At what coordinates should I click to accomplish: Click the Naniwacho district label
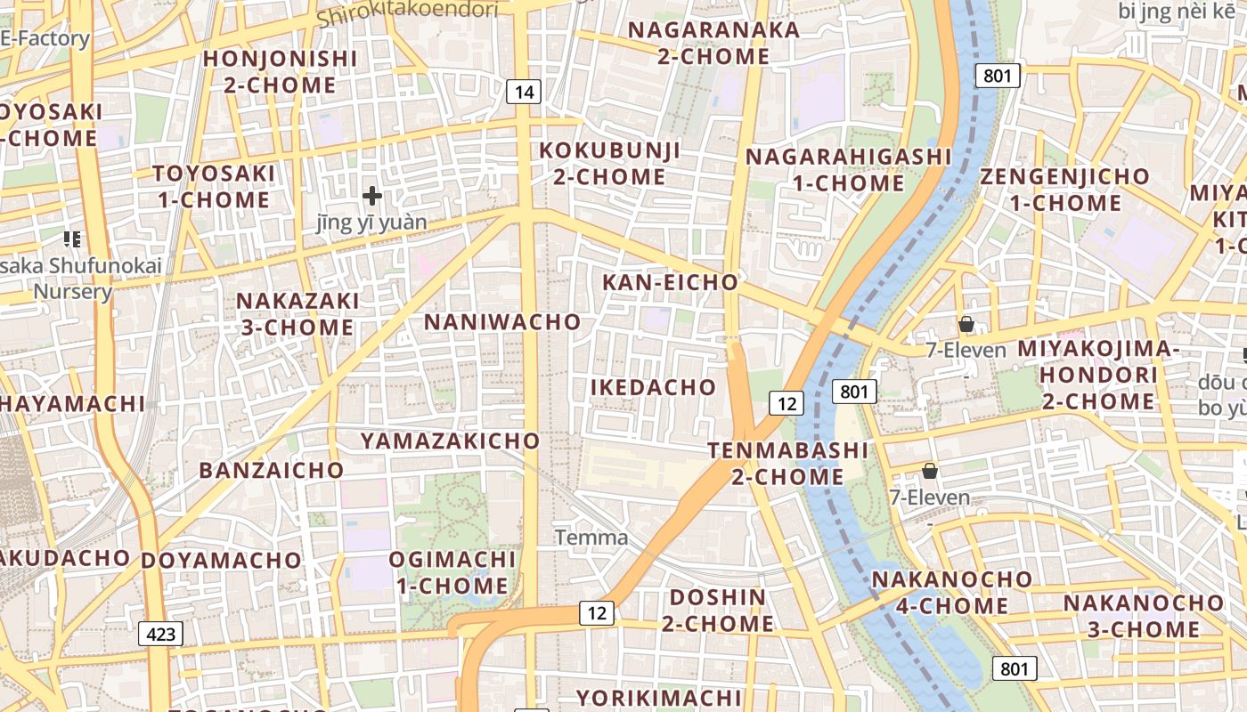[502, 321]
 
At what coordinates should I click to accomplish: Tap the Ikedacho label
[653, 387]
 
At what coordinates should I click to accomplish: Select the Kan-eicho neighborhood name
[671, 282]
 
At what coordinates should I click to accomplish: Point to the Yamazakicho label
[450, 441]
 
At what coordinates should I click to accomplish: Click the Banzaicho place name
[272, 470]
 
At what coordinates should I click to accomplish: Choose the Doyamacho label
[222, 561]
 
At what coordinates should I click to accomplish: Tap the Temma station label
[591, 538]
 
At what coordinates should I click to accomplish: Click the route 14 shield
[525, 91]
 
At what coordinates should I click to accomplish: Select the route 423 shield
[160, 634]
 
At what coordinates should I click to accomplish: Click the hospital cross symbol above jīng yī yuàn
[372, 195]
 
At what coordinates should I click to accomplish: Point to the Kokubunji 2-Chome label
[609, 163]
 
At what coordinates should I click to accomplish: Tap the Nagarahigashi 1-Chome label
[849, 170]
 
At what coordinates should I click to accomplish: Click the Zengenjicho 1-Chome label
[1064, 189]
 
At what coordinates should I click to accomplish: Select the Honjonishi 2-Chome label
[280, 72]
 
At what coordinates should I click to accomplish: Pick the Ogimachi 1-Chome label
[452, 572]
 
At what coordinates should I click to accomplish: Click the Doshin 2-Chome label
[718, 610]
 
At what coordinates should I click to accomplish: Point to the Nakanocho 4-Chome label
[952, 593]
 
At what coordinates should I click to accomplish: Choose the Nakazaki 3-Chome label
[297, 314]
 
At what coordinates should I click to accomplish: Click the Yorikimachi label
[658, 697]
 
